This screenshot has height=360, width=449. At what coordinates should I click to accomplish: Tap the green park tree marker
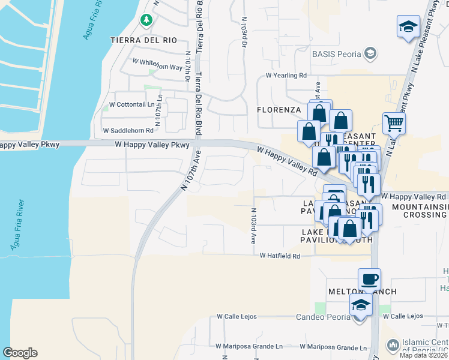(146, 20)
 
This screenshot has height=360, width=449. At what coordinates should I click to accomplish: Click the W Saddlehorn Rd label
(128, 130)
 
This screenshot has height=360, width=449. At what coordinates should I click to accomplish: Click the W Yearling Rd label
(286, 76)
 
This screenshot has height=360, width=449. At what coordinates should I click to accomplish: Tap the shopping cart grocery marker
(394, 123)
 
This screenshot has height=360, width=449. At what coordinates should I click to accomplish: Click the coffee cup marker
(369, 279)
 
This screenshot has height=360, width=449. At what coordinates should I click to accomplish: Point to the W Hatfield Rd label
(280, 256)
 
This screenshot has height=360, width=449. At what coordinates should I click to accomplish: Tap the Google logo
(20, 353)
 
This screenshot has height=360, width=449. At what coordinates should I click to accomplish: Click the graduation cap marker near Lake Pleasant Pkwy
(408, 28)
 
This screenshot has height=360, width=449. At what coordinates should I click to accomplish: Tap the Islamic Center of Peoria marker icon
(393, 345)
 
